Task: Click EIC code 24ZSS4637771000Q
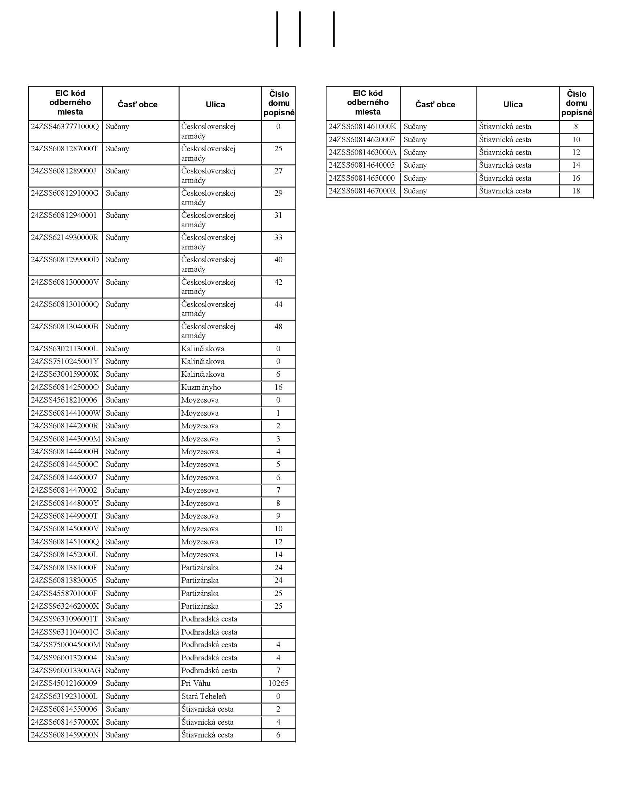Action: (x=65, y=127)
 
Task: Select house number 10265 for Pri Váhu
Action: (x=278, y=683)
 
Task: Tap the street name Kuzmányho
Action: (x=201, y=387)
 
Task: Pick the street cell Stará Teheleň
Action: (x=204, y=696)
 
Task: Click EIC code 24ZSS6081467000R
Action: (x=362, y=191)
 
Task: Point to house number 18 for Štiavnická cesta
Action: (x=576, y=191)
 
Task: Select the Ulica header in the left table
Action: (x=215, y=104)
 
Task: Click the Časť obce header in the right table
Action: (x=435, y=104)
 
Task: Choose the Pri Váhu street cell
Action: (x=196, y=683)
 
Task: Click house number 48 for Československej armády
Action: (x=278, y=327)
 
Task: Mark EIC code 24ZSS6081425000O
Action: (x=65, y=387)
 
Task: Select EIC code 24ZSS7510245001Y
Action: (x=65, y=361)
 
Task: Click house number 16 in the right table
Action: (x=576, y=178)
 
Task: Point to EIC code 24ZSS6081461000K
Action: (x=362, y=127)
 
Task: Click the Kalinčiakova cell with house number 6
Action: (x=203, y=374)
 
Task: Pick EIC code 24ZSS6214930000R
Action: (x=64, y=237)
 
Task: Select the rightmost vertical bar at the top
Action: (x=334, y=29)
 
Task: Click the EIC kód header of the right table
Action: (x=368, y=103)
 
